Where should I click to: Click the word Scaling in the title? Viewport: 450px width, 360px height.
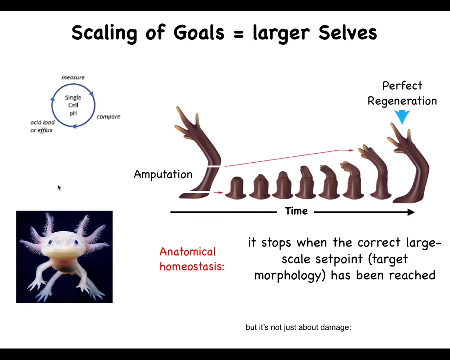tap(104, 33)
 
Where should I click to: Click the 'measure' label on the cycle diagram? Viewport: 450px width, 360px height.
tap(73, 77)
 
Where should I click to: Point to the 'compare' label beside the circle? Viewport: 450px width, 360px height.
tap(109, 117)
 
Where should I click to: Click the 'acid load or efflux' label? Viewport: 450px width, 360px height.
tap(42, 126)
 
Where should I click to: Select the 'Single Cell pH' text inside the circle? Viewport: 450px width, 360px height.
tap(73, 105)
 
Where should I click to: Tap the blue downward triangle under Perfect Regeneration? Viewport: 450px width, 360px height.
tap(402, 116)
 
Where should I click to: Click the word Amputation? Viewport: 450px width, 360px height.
tap(163, 174)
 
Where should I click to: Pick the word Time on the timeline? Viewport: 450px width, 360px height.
tap(296, 211)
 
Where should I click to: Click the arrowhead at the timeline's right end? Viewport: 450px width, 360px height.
tap(411, 212)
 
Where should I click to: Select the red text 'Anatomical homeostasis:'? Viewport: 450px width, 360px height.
tap(192, 259)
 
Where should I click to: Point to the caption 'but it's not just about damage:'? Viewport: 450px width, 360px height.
tap(299, 327)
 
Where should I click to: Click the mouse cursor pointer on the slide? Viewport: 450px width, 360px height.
tap(59, 187)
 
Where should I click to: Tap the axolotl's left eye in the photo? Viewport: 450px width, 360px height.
tap(51, 242)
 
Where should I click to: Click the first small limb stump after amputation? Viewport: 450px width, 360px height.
tap(235, 188)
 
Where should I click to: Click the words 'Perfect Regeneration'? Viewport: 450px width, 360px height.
tap(402, 93)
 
